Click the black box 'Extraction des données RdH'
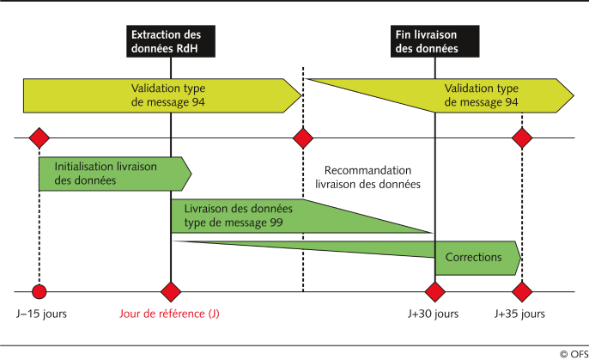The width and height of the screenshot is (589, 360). (169, 41)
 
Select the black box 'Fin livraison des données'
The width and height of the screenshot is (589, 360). (434, 41)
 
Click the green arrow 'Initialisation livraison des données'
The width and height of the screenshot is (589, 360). (112, 174)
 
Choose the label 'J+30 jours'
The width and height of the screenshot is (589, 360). (434, 314)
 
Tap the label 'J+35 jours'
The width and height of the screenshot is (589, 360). (520, 314)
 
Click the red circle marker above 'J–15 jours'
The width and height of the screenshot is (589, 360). (38, 290)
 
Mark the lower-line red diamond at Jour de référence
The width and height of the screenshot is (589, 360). (171, 290)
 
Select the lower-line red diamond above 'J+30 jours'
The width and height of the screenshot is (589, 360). (435, 290)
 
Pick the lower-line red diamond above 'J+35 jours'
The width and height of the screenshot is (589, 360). (521, 290)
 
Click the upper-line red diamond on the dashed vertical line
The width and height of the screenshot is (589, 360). (303, 138)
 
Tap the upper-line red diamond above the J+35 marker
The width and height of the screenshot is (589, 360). (521, 138)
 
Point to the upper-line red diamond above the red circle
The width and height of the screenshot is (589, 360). (38, 138)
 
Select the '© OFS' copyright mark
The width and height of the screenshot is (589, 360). (571, 353)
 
